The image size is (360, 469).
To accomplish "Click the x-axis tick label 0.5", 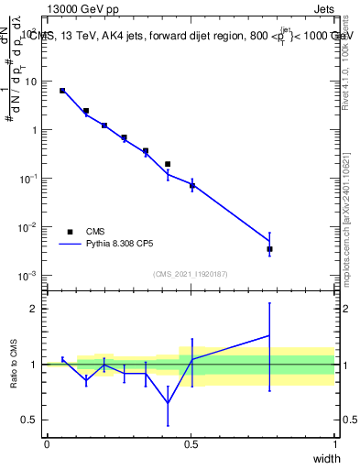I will pyautogui.click(x=191, y=443).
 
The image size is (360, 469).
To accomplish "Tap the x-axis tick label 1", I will pyautogui.click(x=335, y=443).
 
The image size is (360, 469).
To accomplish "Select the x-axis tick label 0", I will pyautogui.click(x=47, y=443).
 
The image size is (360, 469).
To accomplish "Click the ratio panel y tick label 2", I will pyautogui.click(x=32, y=309).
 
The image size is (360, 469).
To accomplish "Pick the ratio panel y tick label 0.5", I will pyautogui.click(x=28, y=420).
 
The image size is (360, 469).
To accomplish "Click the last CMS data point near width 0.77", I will pyautogui.click(x=269, y=249).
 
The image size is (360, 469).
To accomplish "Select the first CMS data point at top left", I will pyautogui.click(x=62, y=91).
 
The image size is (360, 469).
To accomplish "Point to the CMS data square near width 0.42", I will pyautogui.click(x=168, y=164).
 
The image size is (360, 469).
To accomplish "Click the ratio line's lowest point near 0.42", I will pyautogui.click(x=168, y=403).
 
